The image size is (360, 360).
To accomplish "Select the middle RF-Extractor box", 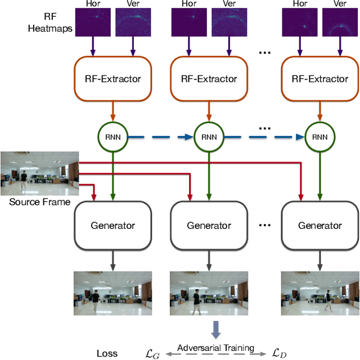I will point(209,79).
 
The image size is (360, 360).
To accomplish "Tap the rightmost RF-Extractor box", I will point(319,79).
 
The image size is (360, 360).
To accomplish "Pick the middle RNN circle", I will point(209,136).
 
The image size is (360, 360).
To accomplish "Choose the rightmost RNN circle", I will point(319,136).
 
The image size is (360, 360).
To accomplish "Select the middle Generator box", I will point(209,225).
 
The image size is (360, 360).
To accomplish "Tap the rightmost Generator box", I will point(319,225).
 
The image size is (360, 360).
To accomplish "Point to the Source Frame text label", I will point(39,201).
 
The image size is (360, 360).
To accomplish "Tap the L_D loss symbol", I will point(280,353).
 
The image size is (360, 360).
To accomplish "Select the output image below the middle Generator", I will point(209,292).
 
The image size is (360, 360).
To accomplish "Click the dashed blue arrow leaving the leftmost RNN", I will point(160,136).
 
